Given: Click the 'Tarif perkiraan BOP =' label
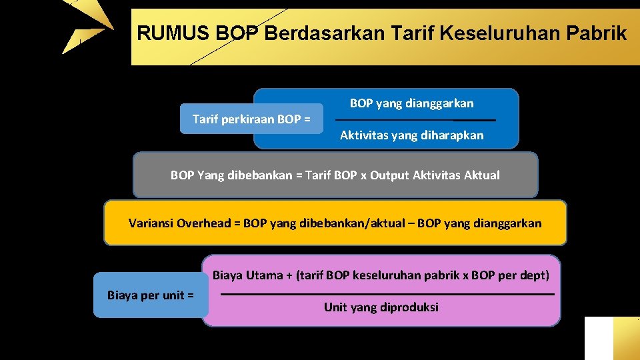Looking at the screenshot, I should click(251, 119).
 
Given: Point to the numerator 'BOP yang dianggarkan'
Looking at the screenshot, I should click(411, 103).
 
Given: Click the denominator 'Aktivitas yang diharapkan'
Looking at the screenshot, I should click(411, 135).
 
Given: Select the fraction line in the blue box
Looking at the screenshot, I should click(415, 120).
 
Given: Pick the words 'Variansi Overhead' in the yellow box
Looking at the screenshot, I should click(179, 223).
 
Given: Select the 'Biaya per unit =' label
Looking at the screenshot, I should click(151, 295).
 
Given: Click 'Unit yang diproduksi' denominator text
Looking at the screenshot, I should click(381, 307).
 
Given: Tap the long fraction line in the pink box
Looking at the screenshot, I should click(387, 294).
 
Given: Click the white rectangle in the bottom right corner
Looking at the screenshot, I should click(598, 338).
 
